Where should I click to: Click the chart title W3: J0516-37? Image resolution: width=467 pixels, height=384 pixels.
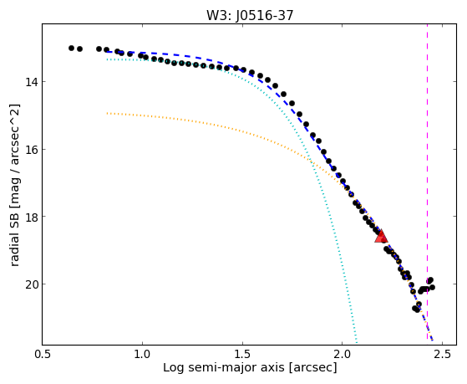250,15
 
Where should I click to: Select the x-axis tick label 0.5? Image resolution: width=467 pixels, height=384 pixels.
43,354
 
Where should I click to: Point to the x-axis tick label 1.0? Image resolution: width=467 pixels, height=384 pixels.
142,354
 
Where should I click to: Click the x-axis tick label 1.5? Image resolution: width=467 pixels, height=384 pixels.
242,354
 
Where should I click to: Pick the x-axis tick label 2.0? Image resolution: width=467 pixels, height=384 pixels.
343,354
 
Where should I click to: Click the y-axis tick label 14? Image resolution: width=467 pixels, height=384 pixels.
31,82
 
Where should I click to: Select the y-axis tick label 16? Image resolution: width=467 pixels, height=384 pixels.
31,149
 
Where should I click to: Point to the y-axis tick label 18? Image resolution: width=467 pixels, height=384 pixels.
31,217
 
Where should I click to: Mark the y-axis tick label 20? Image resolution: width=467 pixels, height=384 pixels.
31,284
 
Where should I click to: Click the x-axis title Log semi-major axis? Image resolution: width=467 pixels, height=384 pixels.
224,367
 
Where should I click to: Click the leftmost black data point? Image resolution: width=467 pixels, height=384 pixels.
71,48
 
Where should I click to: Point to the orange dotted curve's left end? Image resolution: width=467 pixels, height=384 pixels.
107,114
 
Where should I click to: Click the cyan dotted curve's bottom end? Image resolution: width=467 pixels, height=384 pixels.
357,342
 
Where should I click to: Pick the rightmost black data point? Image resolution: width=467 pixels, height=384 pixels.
433,287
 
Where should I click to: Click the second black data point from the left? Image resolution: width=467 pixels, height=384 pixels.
79,49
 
